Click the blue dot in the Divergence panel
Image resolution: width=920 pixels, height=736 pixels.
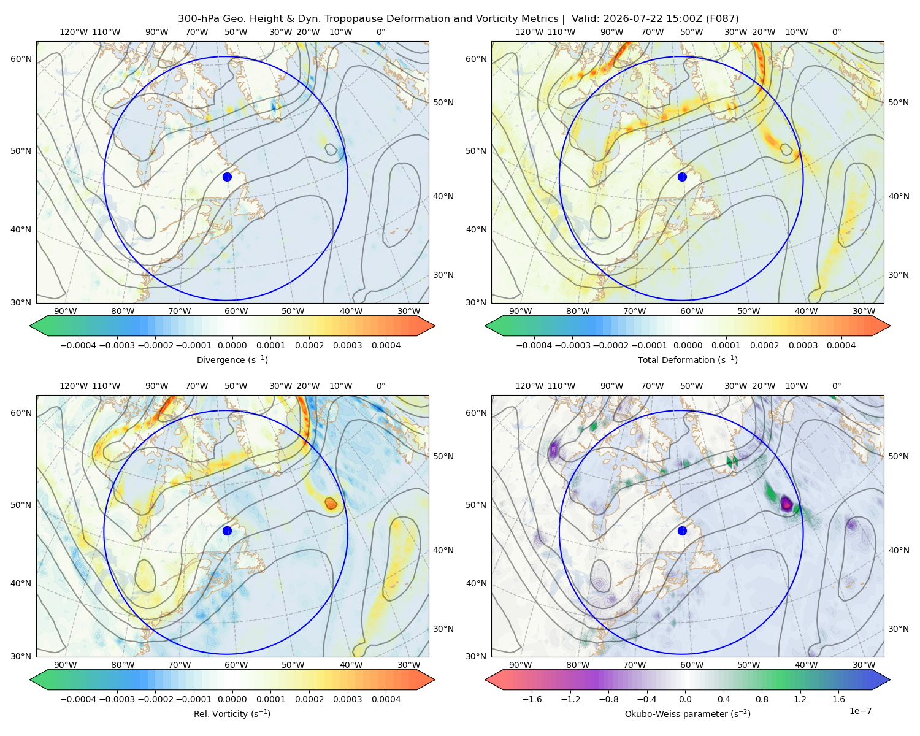coord(227,177)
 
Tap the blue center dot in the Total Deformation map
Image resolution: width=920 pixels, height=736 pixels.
coord(682,177)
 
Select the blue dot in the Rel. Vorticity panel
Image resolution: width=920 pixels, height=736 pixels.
coord(227,531)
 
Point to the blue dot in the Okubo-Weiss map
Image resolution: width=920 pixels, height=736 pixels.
coord(682,531)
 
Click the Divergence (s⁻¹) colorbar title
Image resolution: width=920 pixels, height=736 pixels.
coord(232,359)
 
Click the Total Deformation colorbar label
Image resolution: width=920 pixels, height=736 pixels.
coord(688,359)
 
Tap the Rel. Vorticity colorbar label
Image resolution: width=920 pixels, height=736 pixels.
coord(232,713)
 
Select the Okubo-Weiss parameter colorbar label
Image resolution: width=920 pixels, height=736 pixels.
coord(688,713)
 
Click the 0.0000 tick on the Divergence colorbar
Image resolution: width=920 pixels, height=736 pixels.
coord(232,345)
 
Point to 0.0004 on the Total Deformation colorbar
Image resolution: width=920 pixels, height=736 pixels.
coord(841,345)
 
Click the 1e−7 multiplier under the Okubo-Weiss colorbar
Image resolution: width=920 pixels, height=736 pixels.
coord(860,711)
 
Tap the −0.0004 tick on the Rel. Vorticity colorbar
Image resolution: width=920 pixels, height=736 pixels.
coord(79,699)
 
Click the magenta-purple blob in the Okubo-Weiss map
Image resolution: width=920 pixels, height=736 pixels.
coord(786,503)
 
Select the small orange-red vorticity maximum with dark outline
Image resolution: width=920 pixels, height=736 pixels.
coord(331,504)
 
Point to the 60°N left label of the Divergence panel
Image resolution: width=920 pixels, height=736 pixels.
coord(21,59)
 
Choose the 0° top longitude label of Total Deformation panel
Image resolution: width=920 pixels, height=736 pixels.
coord(836,32)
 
